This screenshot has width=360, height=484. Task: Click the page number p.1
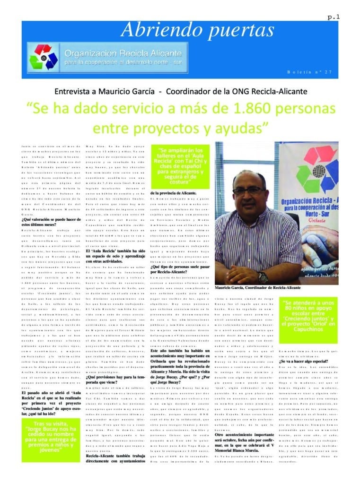click(334, 17)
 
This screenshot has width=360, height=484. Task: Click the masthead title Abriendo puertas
click(197, 30)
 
